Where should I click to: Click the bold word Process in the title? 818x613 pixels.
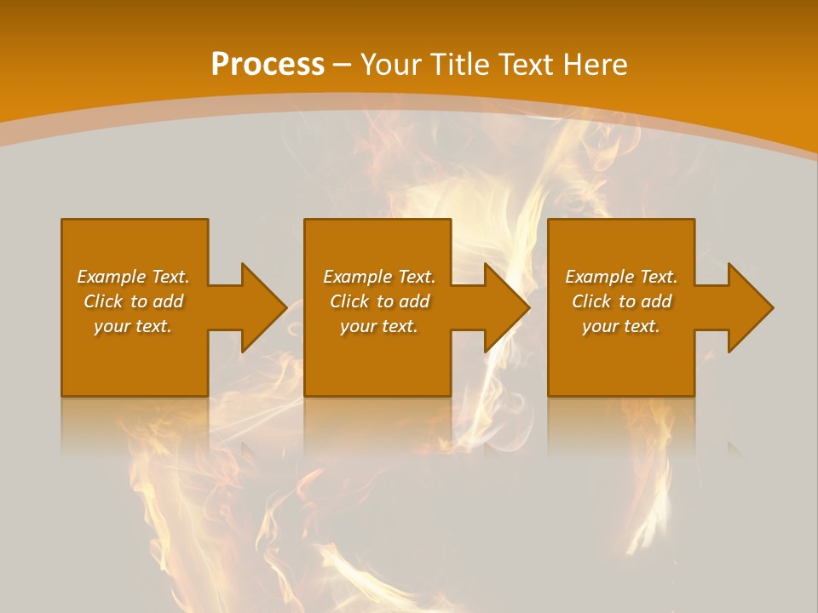268,65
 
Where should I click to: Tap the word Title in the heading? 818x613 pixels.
461,65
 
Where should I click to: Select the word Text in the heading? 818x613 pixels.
527,65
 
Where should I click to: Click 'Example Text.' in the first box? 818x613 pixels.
134,277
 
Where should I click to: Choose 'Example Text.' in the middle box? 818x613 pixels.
379,277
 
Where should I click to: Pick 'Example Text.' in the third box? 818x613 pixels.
621,277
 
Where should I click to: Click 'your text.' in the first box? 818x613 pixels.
133,326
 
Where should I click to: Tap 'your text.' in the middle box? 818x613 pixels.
379,326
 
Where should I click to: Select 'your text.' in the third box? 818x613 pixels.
621,326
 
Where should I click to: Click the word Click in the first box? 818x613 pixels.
103,301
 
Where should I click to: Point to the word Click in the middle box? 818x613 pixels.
349,301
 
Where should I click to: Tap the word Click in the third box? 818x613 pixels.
591,301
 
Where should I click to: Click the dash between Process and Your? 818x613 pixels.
343,65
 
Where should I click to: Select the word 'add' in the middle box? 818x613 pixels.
413,301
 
